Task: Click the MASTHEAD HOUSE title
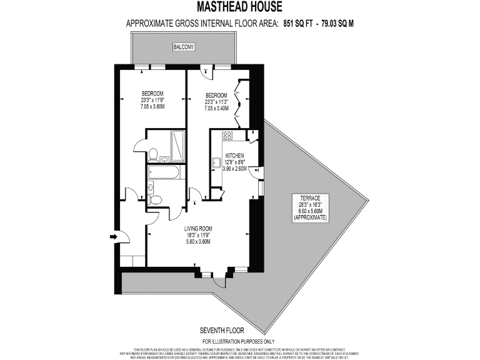point(239,7)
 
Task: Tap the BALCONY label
point(183,47)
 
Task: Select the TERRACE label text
point(310,197)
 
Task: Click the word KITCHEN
point(234,155)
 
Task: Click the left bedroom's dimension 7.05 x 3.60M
point(152,106)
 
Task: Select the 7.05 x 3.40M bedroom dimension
point(217,108)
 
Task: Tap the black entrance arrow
point(114,237)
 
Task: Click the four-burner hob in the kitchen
point(227,135)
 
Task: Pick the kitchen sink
point(216,163)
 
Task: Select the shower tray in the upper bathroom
point(177,146)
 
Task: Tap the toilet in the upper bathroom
point(152,153)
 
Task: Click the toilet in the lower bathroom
point(156,199)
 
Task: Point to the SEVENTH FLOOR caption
point(222,330)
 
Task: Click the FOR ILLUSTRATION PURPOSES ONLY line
point(239,341)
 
